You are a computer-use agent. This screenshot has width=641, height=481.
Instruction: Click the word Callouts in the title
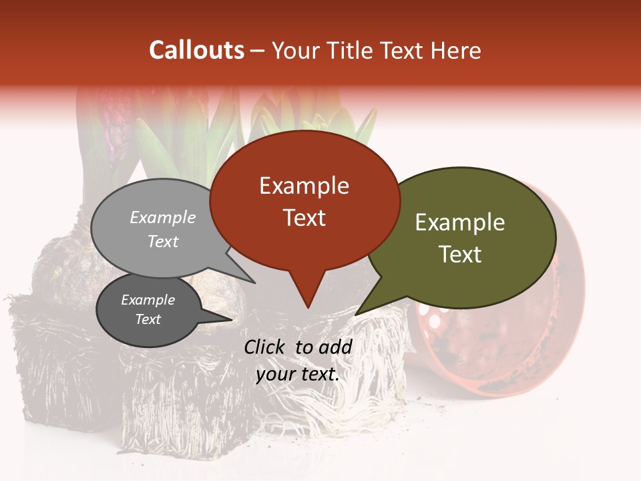tap(196, 50)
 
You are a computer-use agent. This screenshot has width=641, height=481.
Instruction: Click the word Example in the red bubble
tap(304, 186)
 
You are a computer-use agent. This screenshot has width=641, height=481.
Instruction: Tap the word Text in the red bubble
tap(304, 218)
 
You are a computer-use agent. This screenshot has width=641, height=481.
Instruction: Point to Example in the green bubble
tap(460, 222)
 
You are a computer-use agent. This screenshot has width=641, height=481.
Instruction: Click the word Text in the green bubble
tap(460, 255)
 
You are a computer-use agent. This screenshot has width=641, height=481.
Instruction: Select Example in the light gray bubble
tap(163, 217)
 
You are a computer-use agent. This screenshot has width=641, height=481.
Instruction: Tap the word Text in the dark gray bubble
tap(148, 319)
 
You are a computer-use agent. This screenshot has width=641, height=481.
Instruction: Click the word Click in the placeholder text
tap(266, 346)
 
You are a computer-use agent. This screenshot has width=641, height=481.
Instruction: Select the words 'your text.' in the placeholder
tap(298, 374)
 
